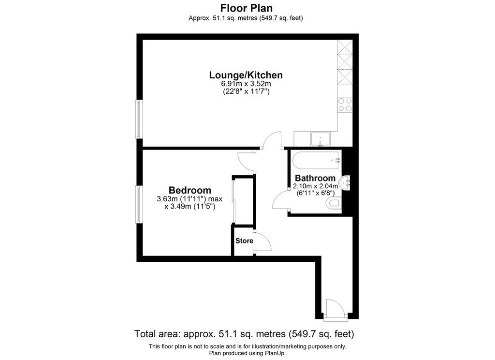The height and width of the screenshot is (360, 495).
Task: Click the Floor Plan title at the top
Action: pos(246,8)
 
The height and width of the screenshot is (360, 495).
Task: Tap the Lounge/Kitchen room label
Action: pos(246,75)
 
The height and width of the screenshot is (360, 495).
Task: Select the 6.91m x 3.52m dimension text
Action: pos(246,84)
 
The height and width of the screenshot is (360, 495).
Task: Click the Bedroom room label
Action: pos(189,190)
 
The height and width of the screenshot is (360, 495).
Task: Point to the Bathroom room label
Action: pos(315,178)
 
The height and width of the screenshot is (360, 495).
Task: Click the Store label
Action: pos(244,240)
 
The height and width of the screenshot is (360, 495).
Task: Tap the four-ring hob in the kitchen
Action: pos(345,105)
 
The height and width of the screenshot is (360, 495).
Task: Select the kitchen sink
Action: pos(320,139)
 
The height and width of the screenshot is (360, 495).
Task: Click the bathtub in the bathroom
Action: pos(315,160)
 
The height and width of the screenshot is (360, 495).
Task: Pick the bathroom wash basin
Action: pos(347,183)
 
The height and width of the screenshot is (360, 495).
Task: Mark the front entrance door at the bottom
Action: pos(335,310)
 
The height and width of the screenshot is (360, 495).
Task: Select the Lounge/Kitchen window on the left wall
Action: pos(139,119)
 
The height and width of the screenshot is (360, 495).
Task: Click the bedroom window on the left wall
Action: pos(139,205)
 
